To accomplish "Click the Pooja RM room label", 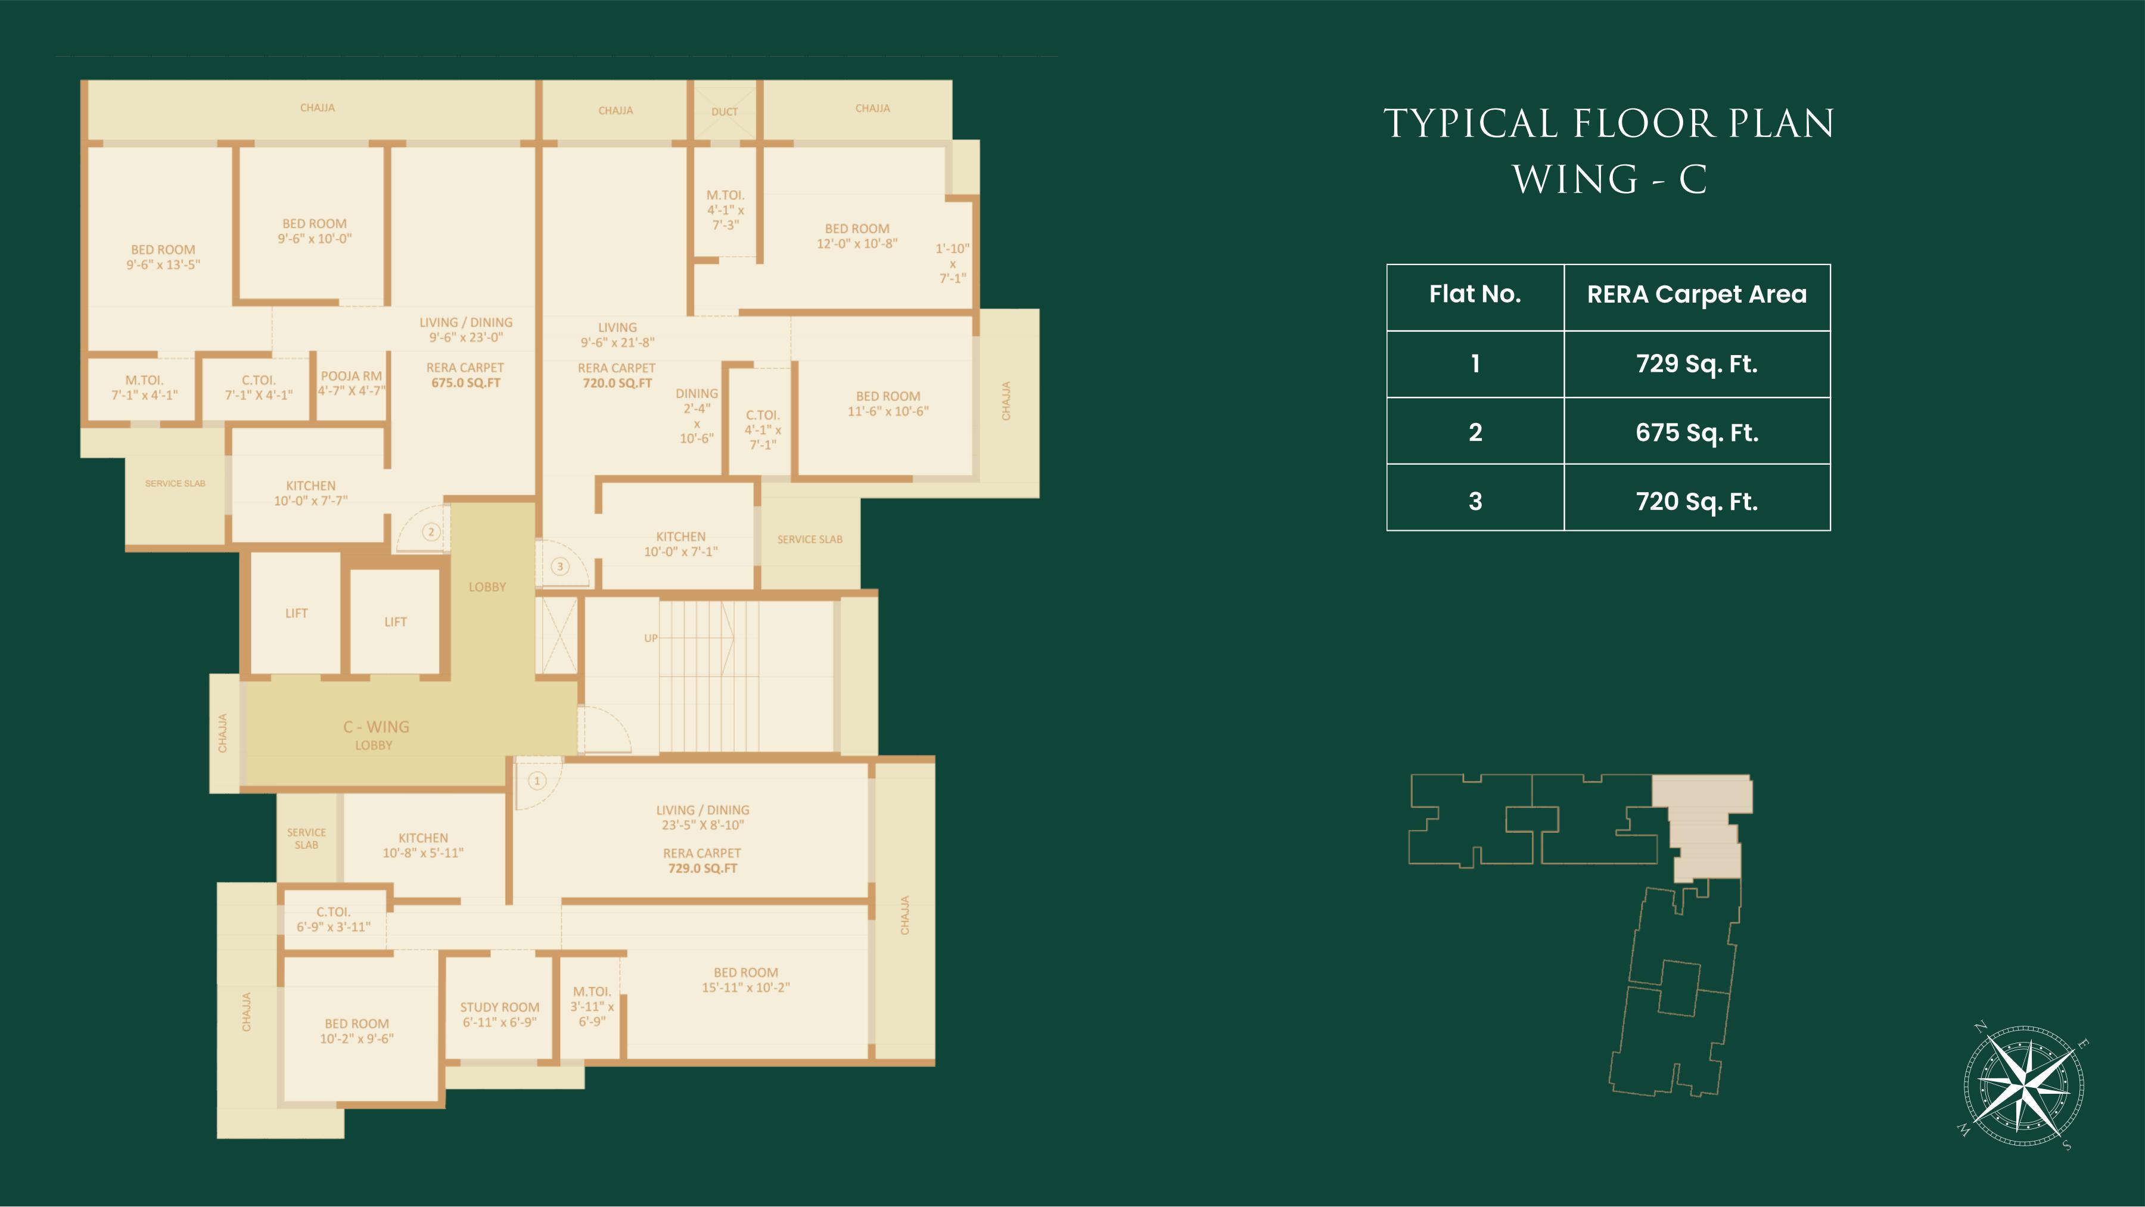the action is point(352,383).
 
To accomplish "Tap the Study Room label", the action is point(500,1015).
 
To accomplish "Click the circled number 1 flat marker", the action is point(537,781).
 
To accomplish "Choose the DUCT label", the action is point(725,111).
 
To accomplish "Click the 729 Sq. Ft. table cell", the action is point(1697,364).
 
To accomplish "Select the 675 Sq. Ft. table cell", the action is point(1697,432).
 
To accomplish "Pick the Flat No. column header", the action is point(1475,294).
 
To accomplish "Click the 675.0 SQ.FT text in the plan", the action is point(467,383).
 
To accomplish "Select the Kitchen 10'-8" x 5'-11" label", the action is point(423,845).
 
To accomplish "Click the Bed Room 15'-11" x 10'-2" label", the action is point(746,980).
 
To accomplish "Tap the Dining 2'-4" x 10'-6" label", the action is point(697,415).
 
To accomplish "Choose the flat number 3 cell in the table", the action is point(1475,500).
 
